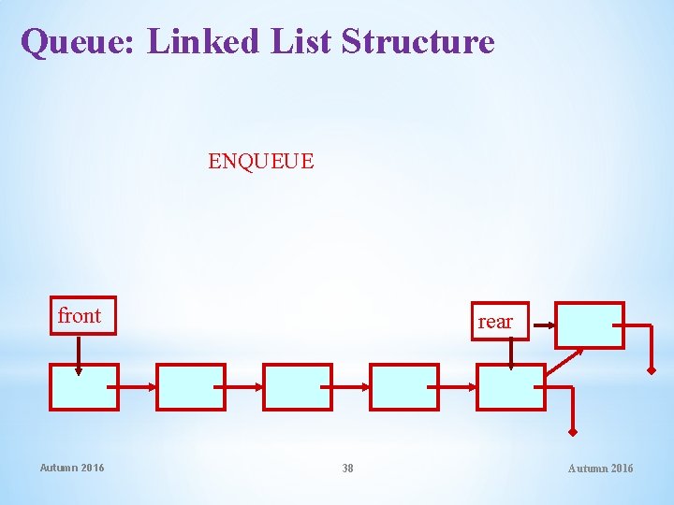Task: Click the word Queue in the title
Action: pyautogui.click(x=79, y=42)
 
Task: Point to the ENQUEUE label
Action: pyautogui.click(x=261, y=162)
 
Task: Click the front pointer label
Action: pyautogui.click(x=79, y=316)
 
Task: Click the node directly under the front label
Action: pyautogui.click(x=83, y=387)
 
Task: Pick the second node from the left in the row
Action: pyautogui.click(x=190, y=387)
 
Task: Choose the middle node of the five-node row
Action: pyautogui.click(x=297, y=387)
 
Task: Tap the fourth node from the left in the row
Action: pyautogui.click(x=403, y=387)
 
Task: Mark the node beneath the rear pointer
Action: pyautogui.click(x=510, y=387)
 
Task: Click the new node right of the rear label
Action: pyautogui.click(x=589, y=325)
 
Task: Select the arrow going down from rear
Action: pyautogui.click(x=510, y=353)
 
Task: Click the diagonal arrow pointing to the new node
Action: pyautogui.click(x=564, y=362)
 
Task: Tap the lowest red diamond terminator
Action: pyautogui.click(x=572, y=432)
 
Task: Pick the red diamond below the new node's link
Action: pyautogui.click(x=652, y=369)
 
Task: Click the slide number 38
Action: pyautogui.click(x=347, y=468)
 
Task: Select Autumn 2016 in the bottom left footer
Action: pyautogui.click(x=72, y=468)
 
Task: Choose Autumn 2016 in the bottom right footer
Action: pyautogui.click(x=600, y=468)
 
